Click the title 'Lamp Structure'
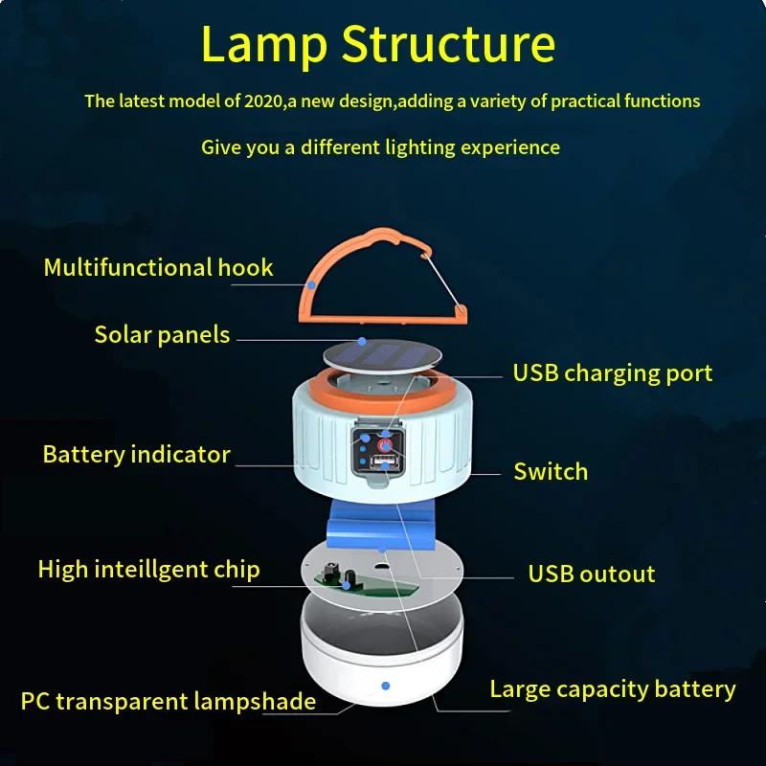pyautogui.click(x=379, y=45)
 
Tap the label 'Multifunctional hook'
pyautogui.click(x=158, y=267)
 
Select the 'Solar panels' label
pyautogui.click(x=162, y=334)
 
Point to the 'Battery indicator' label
pyautogui.click(x=136, y=454)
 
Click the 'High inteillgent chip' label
pyautogui.click(x=148, y=570)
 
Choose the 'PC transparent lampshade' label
pyautogui.click(x=168, y=701)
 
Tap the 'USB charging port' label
pyautogui.click(x=612, y=372)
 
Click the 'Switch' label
pyautogui.click(x=550, y=471)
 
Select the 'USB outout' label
pyautogui.click(x=591, y=574)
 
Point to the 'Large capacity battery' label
pyautogui.click(x=612, y=689)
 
